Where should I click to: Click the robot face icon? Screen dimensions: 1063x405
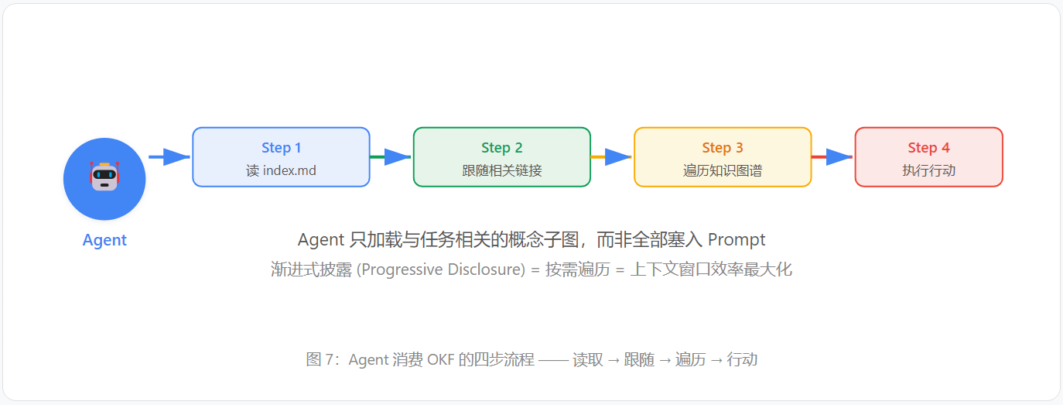coord(104,176)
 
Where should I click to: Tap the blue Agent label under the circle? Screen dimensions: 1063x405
coord(104,240)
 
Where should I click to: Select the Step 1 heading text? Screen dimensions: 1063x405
coord(281,148)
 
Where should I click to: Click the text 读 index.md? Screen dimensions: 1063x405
coord(281,170)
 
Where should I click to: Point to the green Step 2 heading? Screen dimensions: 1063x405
coord(501,148)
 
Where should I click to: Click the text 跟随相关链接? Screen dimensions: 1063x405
coord(501,170)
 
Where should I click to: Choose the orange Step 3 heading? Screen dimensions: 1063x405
coord(723,148)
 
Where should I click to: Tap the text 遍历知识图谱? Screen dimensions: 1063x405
coord(723,170)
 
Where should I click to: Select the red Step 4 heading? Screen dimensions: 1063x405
coord(928,148)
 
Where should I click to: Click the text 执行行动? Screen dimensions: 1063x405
coord(928,170)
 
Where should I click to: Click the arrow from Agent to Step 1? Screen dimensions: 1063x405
coord(169,156)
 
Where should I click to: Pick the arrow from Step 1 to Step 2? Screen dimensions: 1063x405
coord(391,156)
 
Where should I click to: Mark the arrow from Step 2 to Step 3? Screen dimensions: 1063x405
coord(611,156)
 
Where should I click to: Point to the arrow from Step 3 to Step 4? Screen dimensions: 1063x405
coord(832,156)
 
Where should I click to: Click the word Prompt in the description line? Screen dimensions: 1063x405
coord(737,240)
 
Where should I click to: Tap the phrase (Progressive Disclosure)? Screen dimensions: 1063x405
coord(441,269)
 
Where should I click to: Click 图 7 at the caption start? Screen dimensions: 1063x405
coord(321,359)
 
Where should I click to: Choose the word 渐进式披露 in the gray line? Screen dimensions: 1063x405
coord(311,269)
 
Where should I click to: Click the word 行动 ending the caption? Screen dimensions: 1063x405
coord(742,359)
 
